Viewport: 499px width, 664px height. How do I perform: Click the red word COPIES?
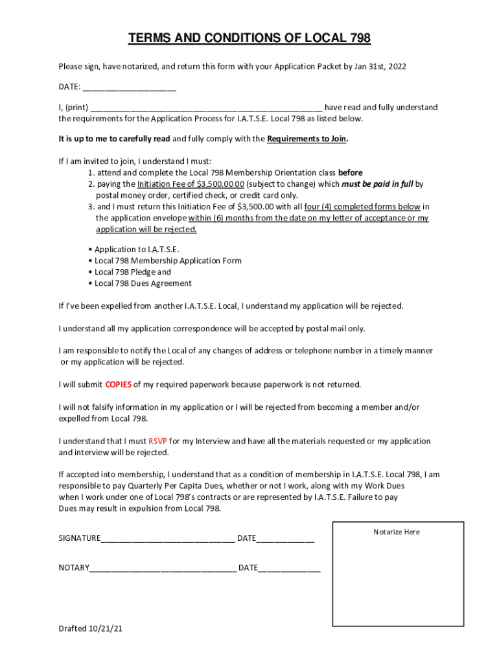[x=119, y=385]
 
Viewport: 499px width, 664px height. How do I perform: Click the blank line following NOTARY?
[x=163, y=569]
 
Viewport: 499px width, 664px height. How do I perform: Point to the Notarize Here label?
[x=397, y=532]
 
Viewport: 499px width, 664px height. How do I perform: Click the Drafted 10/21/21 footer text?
[x=90, y=629]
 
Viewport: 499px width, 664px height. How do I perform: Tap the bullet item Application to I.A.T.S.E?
[x=137, y=250]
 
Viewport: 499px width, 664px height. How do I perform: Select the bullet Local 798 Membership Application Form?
[x=168, y=261]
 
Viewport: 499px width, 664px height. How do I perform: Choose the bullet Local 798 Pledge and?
[x=133, y=272]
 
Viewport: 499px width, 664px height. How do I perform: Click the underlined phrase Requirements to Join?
[x=307, y=139]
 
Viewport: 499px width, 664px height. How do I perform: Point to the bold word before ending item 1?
[x=350, y=173]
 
